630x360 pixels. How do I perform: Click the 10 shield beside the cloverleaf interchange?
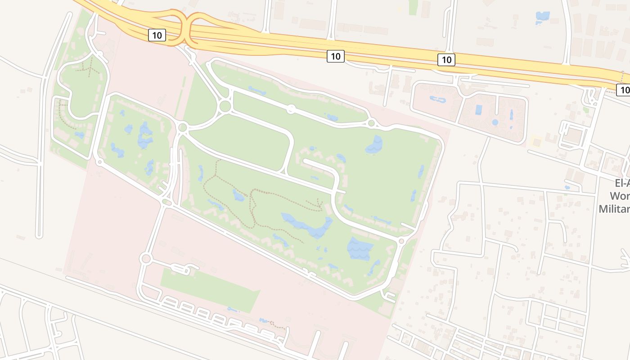[x=157, y=35]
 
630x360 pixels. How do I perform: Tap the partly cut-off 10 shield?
[x=624, y=90]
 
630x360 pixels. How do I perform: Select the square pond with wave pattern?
[x=360, y=248]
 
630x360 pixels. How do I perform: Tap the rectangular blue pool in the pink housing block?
[x=478, y=109]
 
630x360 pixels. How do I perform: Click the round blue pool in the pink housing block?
[x=495, y=122]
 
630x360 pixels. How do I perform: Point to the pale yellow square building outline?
[x=535, y=141]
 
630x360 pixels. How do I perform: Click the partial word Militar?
[x=615, y=209]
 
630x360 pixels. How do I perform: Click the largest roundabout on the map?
[x=225, y=106]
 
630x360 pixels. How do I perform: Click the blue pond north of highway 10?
[x=543, y=17]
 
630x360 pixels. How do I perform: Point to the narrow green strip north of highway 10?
[x=413, y=7]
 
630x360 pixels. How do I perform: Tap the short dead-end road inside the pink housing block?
[x=496, y=105]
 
